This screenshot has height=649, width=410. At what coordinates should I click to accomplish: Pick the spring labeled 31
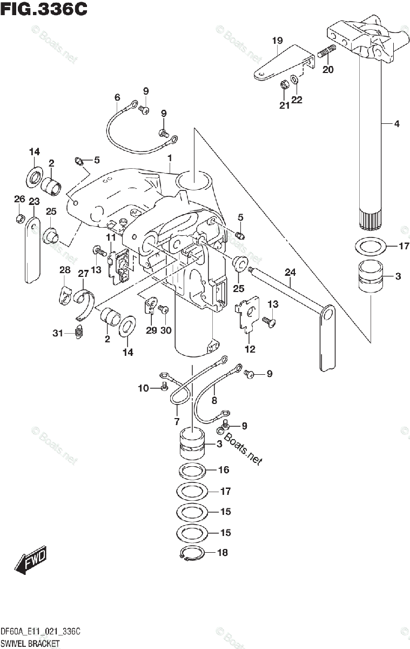click(x=79, y=333)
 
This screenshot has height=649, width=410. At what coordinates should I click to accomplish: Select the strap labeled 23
click(x=33, y=248)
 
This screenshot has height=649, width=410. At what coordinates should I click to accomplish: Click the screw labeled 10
click(x=163, y=387)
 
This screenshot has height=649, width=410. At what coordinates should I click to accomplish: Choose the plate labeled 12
click(x=248, y=315)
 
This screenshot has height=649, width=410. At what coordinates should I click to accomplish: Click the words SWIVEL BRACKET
click(x=30, y=643)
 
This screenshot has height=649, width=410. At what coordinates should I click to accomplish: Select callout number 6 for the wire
click(x=117, y=97)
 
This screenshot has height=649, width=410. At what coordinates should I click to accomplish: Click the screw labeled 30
click(x=165, y=309)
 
